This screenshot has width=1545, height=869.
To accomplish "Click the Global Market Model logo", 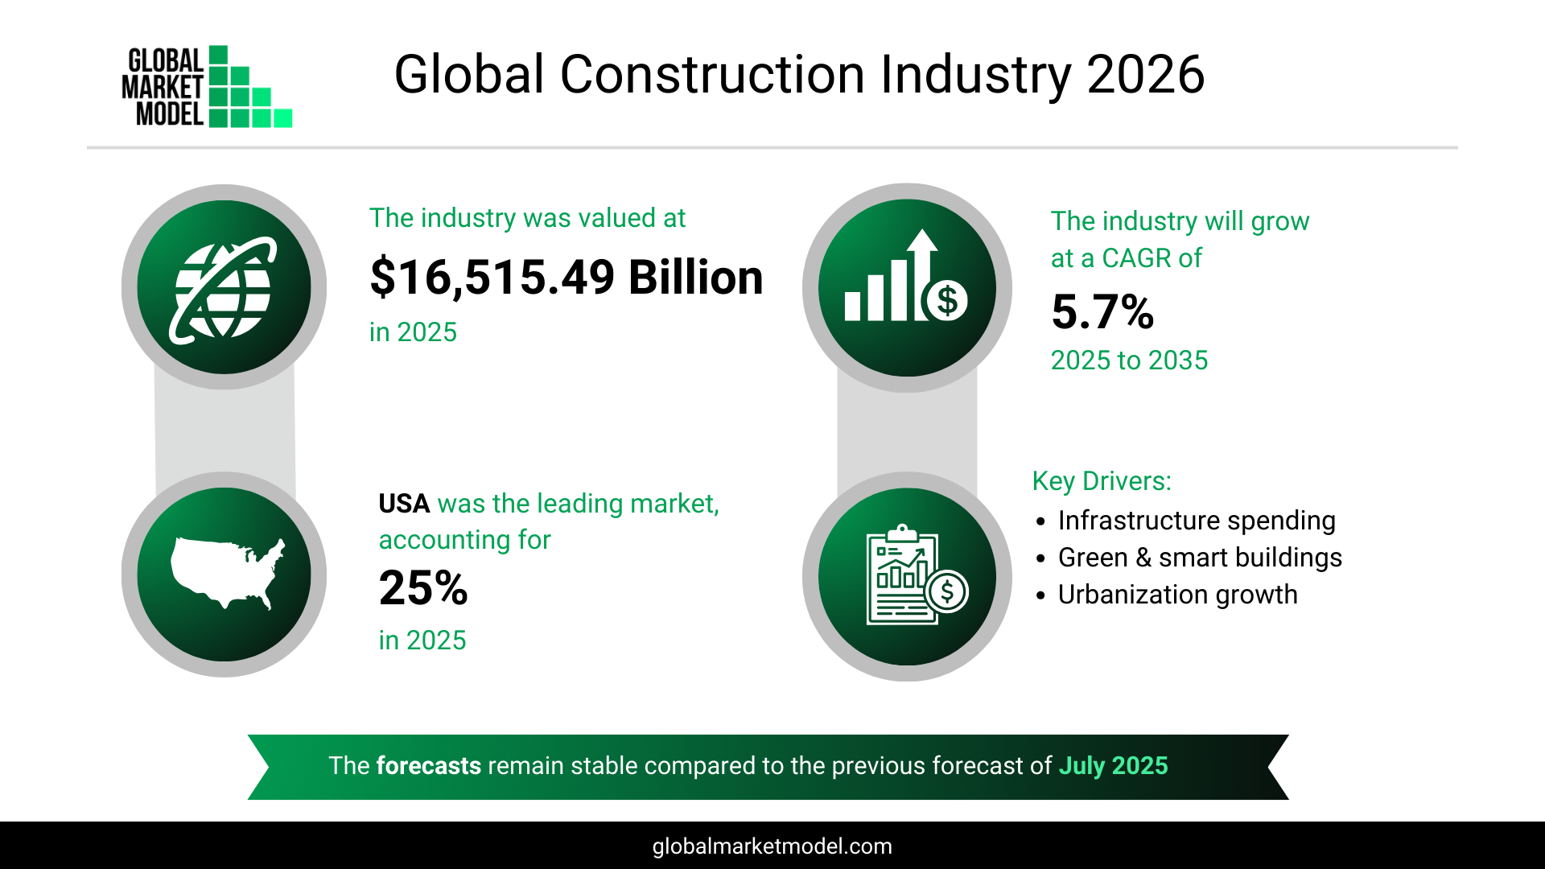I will click(x=207, y=87).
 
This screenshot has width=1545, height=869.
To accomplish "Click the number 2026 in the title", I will click(x=1145, y=75).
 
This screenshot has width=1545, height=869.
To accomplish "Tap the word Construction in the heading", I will click(x=712, y=75).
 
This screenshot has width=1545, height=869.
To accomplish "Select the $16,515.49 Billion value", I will click(x=566, y=278).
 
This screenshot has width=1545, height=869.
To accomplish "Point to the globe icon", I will click(x=224, y=288).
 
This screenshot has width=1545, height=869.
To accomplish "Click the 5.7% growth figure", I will click(x=1102, y=312).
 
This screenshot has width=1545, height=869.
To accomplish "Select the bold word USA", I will click(x=404, y=504).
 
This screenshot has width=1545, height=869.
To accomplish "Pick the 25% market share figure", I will click(x=423, y=588).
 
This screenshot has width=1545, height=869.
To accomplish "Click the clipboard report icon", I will click(x=907, y=576).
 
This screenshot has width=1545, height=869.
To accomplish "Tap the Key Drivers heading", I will click(x=1101, y=481).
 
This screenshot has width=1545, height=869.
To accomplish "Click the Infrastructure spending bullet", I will click(x=1196, y=521).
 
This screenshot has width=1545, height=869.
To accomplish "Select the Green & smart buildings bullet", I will click(x=1199, y=558).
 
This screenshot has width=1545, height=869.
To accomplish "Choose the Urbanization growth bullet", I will click(x=1177, y=595).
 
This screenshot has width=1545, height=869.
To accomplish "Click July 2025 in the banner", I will click(x=1113, y=765).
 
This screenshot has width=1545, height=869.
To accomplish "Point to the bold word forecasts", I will click(x=428, y=765).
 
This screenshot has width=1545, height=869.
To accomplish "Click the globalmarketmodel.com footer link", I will click(x=772, y=846).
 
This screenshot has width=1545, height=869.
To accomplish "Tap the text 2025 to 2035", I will click(x=1129, y=360).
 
